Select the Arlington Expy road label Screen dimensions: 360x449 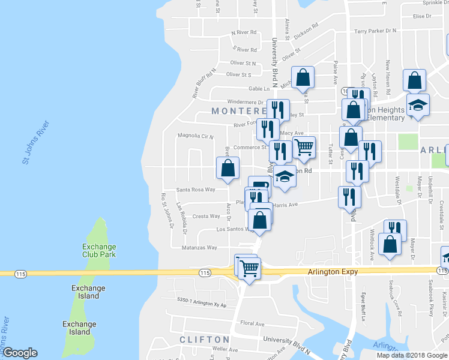coord(333,272)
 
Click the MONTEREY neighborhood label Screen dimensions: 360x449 coord(239,112)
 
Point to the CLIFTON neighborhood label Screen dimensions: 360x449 coord(205,340)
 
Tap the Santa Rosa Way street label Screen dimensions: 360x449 coord(196,190)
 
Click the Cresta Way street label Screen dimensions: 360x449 coord(206,216)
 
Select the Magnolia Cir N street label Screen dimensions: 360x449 coord(194,136)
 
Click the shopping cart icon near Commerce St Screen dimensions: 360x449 coord(304,146)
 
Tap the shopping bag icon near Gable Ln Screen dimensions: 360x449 coord(303,77)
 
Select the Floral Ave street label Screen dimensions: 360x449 coord(252,324)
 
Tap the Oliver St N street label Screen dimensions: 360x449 coord(243,62)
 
